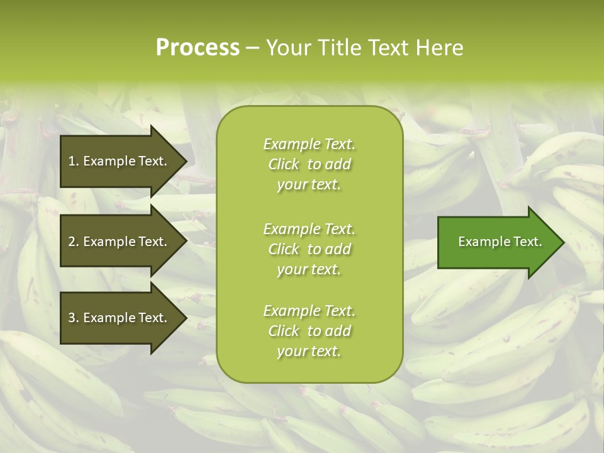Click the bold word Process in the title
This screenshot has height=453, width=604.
point(198,48)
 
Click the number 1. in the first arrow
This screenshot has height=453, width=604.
point(74,161)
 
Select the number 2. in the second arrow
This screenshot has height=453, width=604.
point(74,242)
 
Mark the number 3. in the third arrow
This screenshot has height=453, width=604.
point(74,318)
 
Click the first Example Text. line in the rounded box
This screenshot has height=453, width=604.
point(309,144)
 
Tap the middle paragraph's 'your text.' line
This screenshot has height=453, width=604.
point(309,269)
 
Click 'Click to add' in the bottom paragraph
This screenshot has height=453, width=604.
point(309,331)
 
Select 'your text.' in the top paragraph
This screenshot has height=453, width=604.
point(309,185)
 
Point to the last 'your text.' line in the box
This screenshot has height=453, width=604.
point(309,352)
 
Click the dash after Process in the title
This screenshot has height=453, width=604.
point(252,48)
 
